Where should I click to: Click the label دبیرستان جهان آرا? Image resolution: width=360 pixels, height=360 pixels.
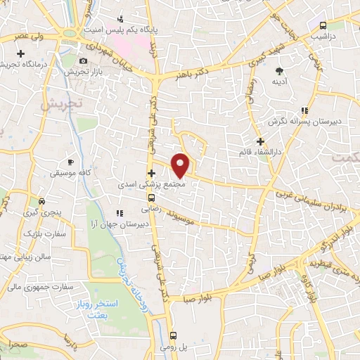coord(122,223)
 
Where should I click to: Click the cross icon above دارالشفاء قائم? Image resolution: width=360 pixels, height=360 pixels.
coord(260,141)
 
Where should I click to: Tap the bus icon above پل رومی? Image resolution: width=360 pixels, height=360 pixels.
coord(174,335)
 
